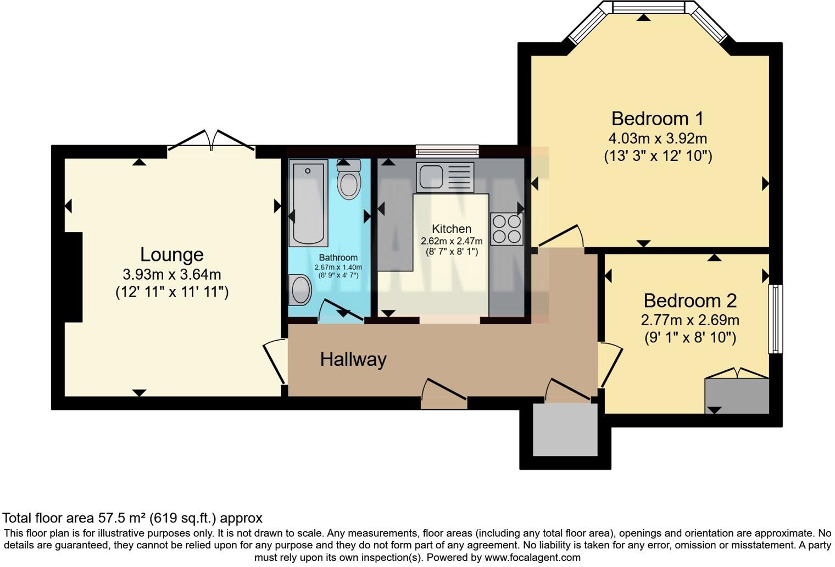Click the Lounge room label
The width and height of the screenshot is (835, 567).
[171, 254]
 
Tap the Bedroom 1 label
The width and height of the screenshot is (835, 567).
[657, 119]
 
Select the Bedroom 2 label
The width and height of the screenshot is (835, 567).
[689, 301]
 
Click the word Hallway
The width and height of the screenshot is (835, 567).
[353, 359]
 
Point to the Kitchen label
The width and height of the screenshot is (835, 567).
[451, 229]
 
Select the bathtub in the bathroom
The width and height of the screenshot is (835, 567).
[308, 203]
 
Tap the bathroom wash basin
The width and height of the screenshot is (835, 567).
[300, 290]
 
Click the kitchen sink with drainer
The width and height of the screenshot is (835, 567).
[444, 177]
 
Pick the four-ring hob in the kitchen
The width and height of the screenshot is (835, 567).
[506, 229]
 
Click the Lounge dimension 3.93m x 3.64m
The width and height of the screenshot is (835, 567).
[172, 274]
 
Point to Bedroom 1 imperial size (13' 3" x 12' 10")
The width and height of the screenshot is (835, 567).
[658, 156]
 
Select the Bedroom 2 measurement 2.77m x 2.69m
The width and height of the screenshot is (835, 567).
[689, 320]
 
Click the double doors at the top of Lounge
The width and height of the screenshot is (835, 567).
[211, 141]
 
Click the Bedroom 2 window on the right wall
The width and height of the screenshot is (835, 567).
[775, 319]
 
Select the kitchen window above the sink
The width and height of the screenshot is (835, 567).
[447, 151]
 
